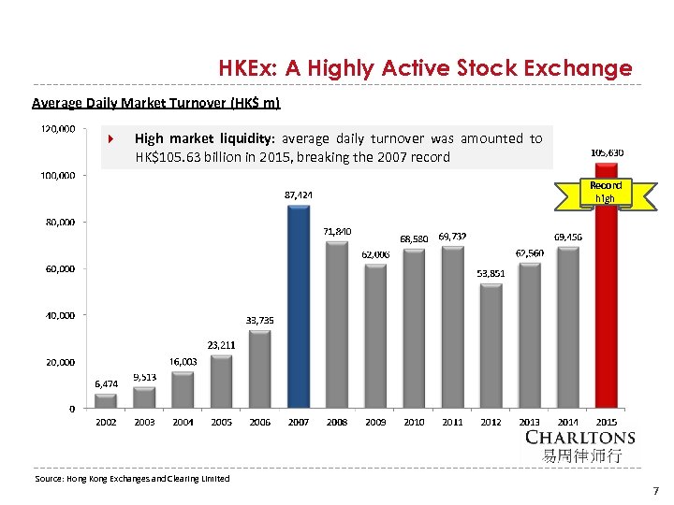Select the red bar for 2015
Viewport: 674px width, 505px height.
click(x=606, y=299)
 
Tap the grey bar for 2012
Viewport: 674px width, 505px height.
click(x=491, y=345)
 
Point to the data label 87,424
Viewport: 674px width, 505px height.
click(x=299, y=195)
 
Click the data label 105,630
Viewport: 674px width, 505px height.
click(x=608, y=151)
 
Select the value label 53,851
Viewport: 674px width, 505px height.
click(x=491, y=273)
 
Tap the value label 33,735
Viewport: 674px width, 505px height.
click(x=260, y=320)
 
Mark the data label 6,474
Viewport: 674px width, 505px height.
click(x=106, y=383)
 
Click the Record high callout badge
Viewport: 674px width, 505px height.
click(x=606, y=192)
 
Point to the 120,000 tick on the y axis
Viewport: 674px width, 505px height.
click(x=57, y=128)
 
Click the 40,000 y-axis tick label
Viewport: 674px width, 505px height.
click(x=61, y=315)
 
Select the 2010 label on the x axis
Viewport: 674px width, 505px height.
click(x=414, y=423)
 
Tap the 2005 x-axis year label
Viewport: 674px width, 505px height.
click(x=221, y=423)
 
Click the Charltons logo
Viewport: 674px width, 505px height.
click(x=580, y=445)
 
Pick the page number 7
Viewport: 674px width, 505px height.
click(x=656, y=490)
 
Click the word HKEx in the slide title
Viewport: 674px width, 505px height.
click(x=244, y=68)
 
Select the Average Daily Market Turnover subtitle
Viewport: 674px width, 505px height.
click(x=155, y=102)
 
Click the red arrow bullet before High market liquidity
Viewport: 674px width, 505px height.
click(x=110, y=139)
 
